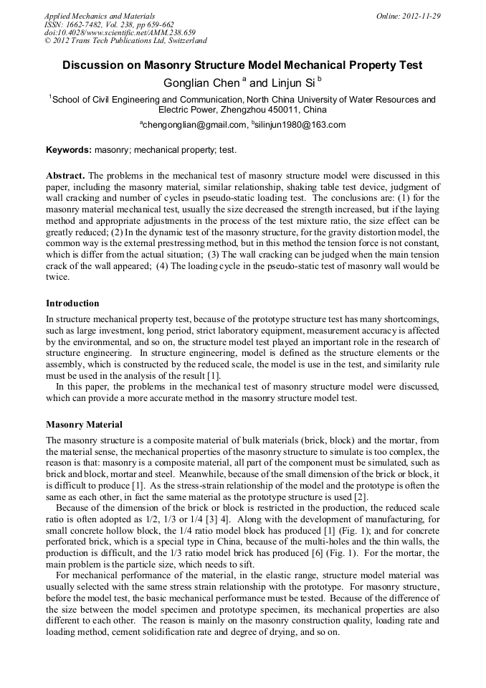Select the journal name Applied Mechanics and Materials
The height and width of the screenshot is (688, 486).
point(100,16)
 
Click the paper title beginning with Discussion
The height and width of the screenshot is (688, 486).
point(242,65)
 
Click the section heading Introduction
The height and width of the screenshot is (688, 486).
point(72,303)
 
